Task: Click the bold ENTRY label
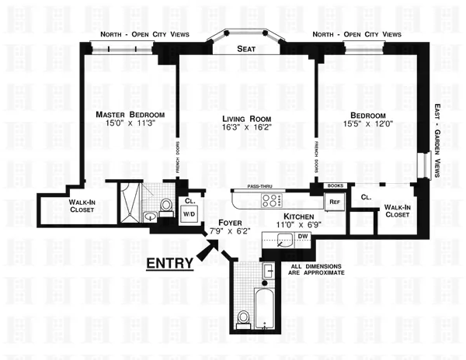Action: pos(170,263)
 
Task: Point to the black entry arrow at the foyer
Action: pos(207,250)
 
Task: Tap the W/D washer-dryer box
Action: pos(189,216)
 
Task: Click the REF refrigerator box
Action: pos(335,202)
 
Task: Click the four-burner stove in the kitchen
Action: pos(272,200)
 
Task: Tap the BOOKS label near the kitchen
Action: pos(336,186)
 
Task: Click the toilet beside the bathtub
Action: pos(242,319)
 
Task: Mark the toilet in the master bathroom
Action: pos(164,206)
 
